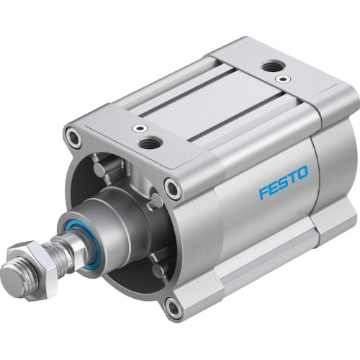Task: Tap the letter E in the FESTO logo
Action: point(258,177)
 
